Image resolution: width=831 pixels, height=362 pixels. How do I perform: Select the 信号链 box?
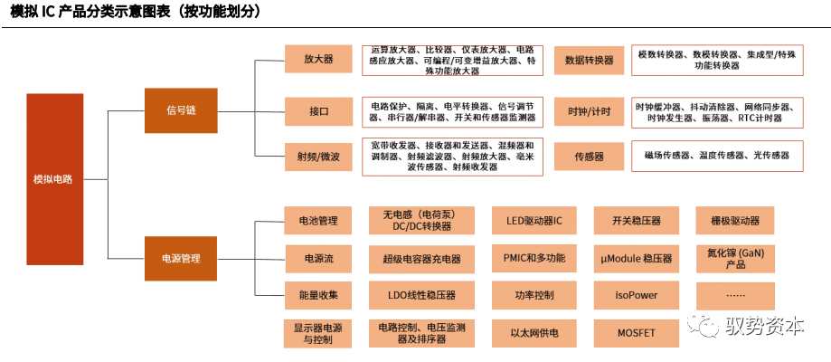tap(181, 110)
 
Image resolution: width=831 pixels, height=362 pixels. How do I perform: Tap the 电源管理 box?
tap(181, 259)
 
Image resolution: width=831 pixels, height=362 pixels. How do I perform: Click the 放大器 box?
tap(318, 60)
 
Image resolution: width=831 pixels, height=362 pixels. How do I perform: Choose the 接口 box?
tap(318, 111)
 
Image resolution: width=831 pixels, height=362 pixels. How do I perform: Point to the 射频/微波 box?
tap(318, 157)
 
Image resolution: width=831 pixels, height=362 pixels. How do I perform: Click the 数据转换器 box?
tap(589, 61)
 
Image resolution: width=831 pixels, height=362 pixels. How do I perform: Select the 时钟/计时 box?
tap(589, 111)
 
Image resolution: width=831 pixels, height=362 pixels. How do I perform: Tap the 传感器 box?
tap(589, 157)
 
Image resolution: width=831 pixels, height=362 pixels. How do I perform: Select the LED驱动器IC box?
tap(533, 221)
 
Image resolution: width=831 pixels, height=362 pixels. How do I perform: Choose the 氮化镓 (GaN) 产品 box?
tap(735, 258)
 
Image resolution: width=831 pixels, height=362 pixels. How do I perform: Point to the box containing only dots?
tap(735, 295)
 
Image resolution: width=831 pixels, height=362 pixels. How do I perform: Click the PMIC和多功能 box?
tap(533, 258)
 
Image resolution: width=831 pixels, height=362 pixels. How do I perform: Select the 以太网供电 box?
tap(533, 332)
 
